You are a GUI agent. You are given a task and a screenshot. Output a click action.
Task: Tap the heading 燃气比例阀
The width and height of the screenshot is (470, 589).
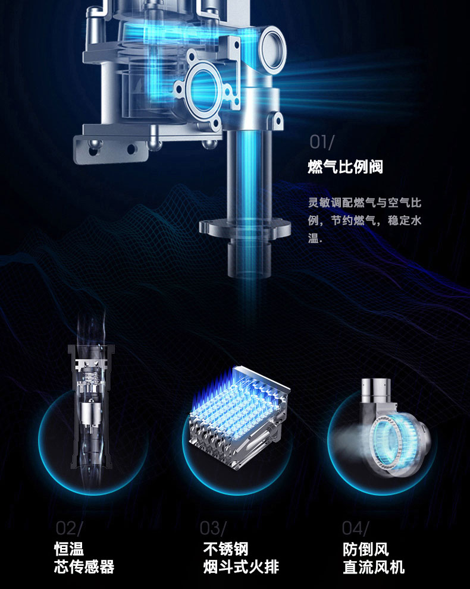point(345,167)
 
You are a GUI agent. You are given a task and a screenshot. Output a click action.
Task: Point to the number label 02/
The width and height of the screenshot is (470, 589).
point(70,528)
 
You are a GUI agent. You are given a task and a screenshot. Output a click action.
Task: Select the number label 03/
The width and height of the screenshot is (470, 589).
point(213,528)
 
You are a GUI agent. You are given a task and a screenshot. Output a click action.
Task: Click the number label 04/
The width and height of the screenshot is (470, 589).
point(356,528)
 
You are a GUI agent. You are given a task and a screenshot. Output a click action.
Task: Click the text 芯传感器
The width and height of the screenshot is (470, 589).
point(84,567)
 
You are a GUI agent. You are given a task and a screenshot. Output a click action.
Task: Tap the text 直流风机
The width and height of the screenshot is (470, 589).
point(374,567)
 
